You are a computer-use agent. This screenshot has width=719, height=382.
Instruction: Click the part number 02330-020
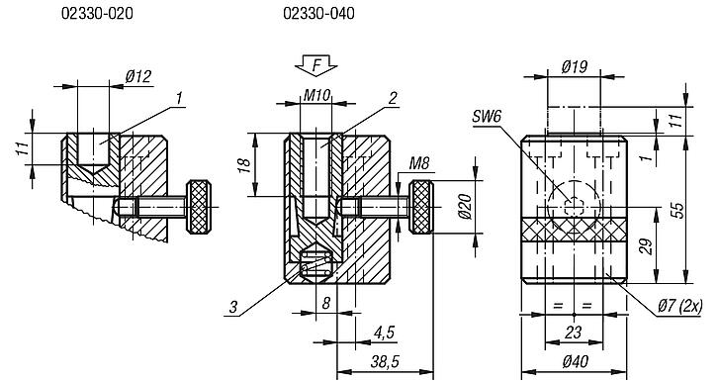point(97,15)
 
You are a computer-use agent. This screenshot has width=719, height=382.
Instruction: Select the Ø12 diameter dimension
point(137,77)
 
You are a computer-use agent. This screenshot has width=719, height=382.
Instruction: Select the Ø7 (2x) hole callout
point(678,307)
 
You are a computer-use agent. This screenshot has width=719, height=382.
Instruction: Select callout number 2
point(393,97)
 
